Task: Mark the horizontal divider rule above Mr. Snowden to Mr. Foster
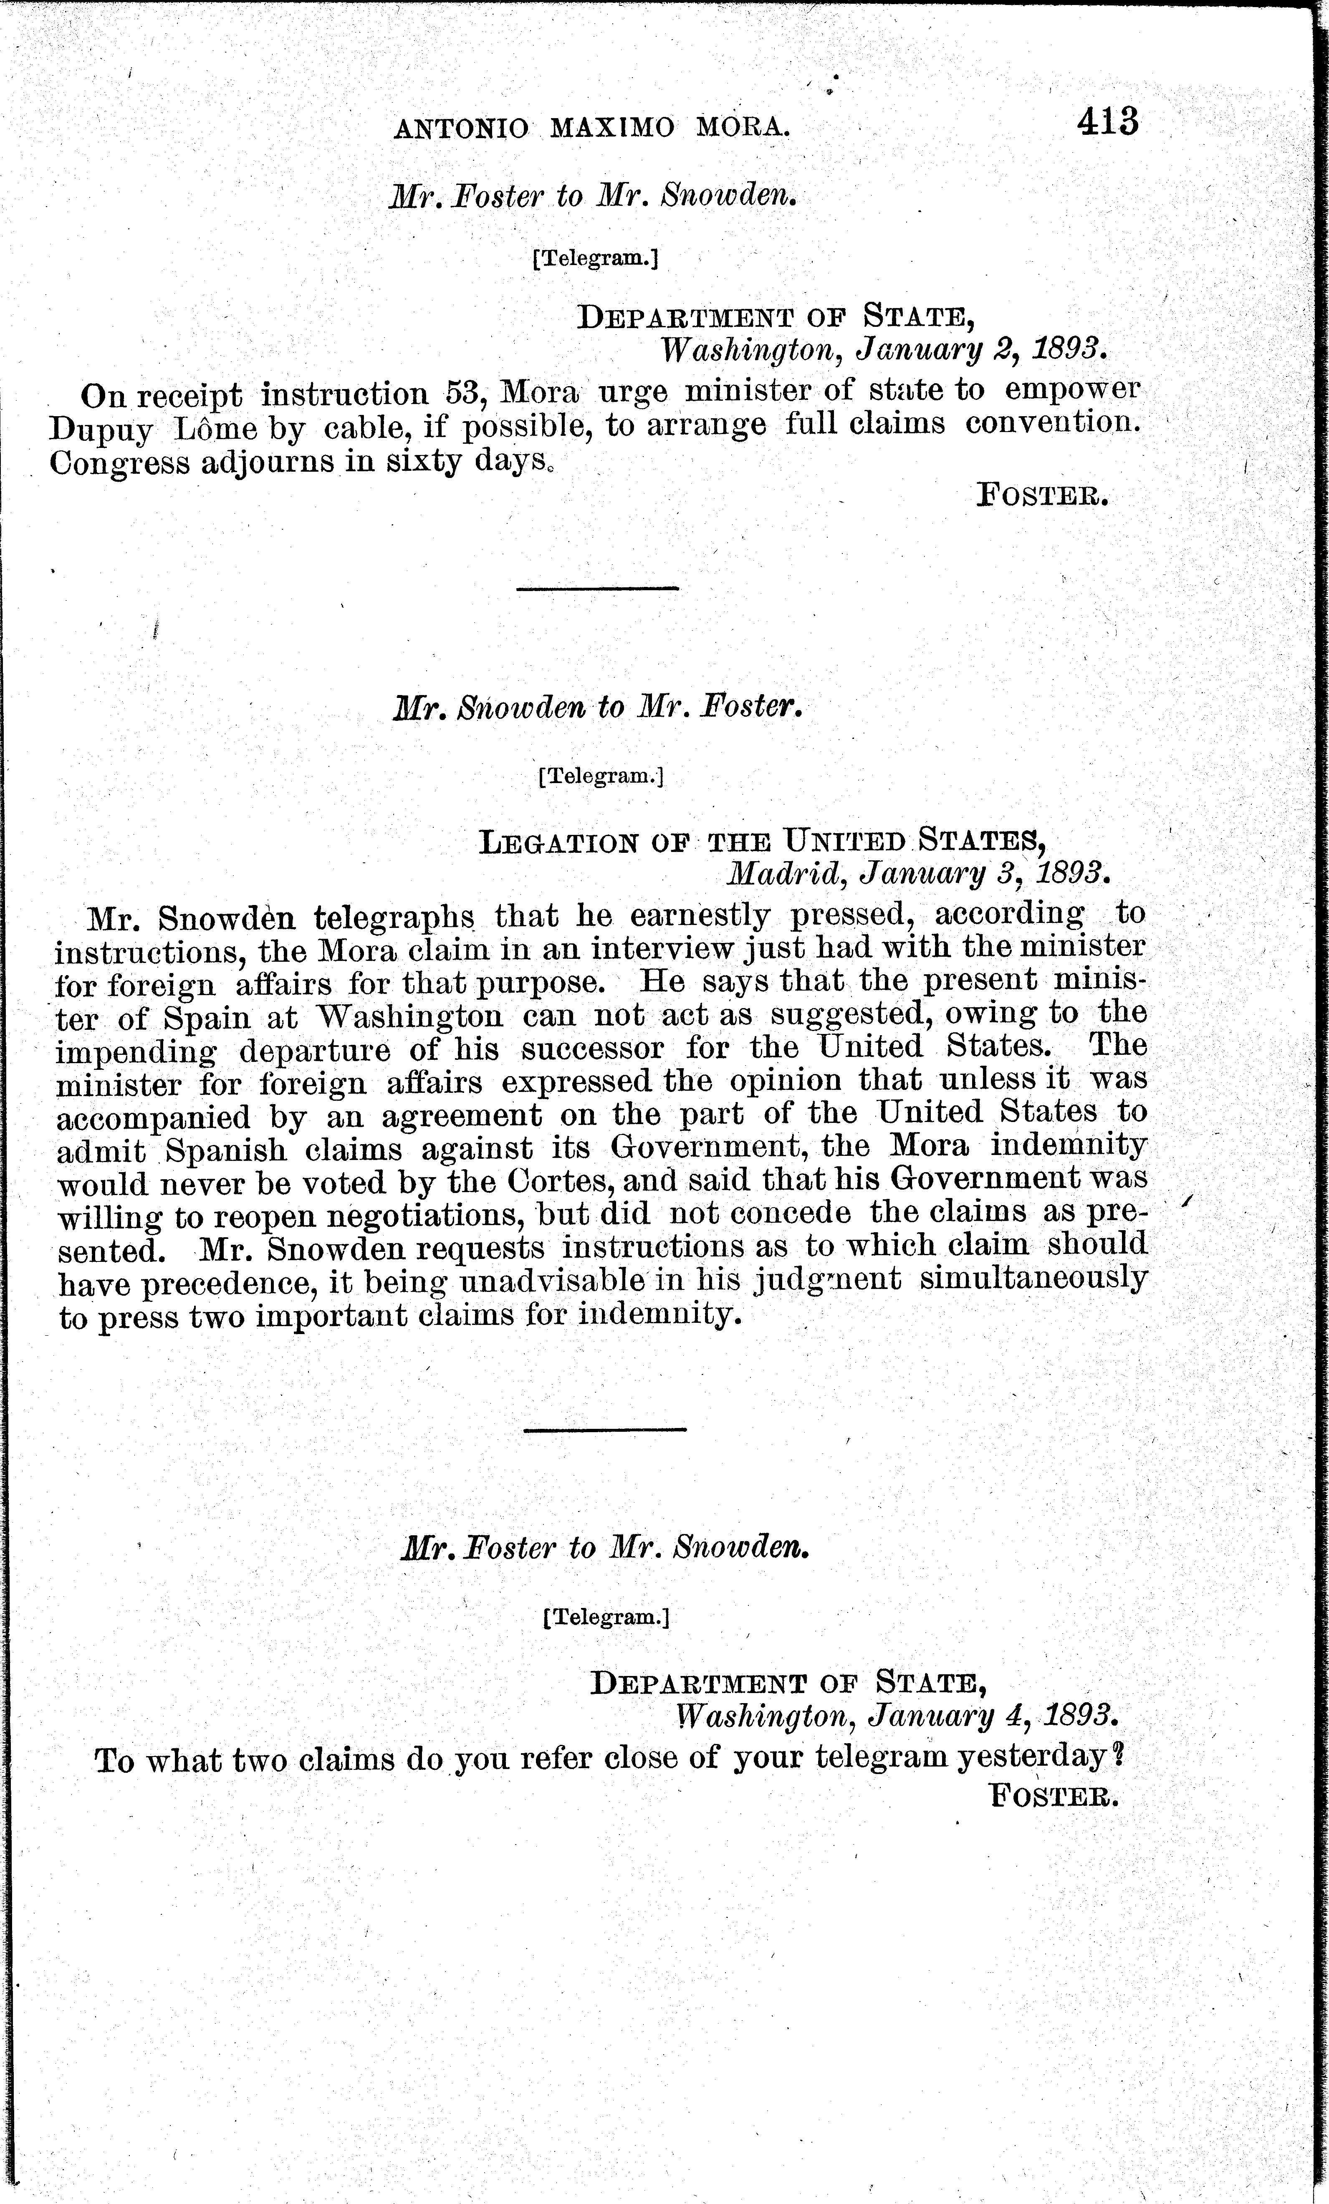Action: pyautogui.click(x=597, y=588)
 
